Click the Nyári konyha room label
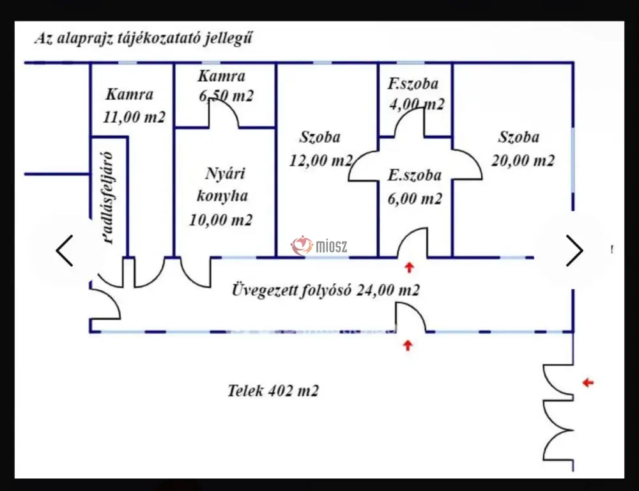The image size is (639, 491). click(x=222, y=185)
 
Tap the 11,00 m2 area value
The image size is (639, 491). click(x=134, y=118)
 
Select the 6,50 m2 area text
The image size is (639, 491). click(x=226, y=97)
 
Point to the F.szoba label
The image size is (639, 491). click(x=413, y=84)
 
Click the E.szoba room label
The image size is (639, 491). click(x=415, y=175)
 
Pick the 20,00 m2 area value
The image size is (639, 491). click(x=523, y=160)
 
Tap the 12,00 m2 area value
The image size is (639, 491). click(x=321, y=160)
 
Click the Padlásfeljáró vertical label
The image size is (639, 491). click(x=109, y=198)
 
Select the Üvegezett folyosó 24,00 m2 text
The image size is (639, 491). click(x=326, y=290)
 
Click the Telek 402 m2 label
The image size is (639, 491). click(x=273, y=391)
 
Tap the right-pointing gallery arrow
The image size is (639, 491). click(x=574, y=251)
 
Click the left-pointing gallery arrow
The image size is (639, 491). click(x=65, y=251)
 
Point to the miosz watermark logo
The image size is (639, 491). click(x=319, y=245)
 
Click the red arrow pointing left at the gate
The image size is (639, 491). click(x=588, y=382)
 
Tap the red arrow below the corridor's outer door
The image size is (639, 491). click(x=408, y=345)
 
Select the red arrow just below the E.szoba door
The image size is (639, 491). click(x=409, y=267)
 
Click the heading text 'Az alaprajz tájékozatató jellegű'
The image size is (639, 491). click(x=143, y=38)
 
